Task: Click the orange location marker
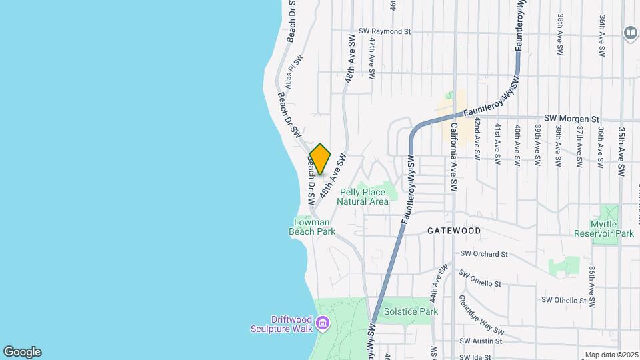pyautogui.click(x=321, y=159)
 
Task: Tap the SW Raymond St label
pyautogui.click(x=384, y=31)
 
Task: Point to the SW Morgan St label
pyautogui.click(x=572, y=118)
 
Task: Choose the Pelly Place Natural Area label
pyautogui.click(x=363, y=197)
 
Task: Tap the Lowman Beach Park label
pyautogui.click(x=311, y=227)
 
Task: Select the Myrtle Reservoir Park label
pyautogui.click(x=603, y=229)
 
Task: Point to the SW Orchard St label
pyautogui.click(x=484, y=254)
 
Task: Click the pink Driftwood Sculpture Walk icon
pyautogui.click(x=323, y=324)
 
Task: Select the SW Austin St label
pyautogui.click(x=479, y=341)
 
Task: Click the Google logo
pyautogui.click(x=22, y=352)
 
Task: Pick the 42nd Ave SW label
pyautogui.click(x=477, y=139)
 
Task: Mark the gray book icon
pyautogui.click(x=630, y=32)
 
